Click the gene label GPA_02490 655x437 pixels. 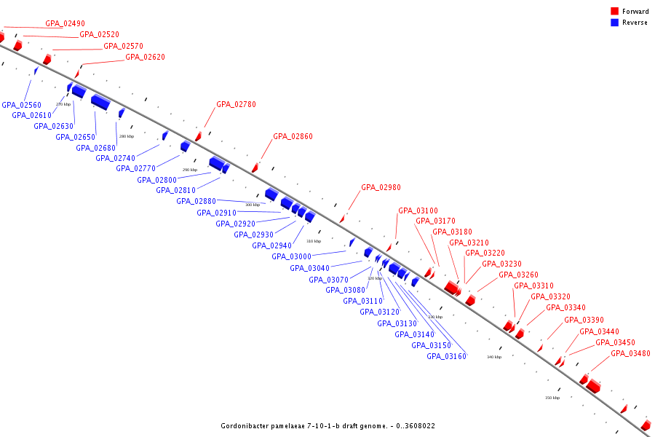click(65, 23)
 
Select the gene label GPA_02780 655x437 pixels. click(236, 104)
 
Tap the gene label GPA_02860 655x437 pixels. click(293, 136)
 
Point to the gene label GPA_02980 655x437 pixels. click(381, 187)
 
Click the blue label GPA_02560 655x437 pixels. click(21, 104)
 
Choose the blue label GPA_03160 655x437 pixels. click(446, 356)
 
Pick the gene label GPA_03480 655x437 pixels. click(630, 353)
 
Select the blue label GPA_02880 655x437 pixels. click(196, 201)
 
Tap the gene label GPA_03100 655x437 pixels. click(418, 210)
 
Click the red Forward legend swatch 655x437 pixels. click(614, 12)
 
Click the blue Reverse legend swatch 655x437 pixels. click(614, 23)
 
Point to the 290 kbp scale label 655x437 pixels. click(190, 170)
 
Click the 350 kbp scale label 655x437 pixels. click(552, 398)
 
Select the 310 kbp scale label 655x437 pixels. click(313, 241)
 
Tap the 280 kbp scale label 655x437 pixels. click(127, 136)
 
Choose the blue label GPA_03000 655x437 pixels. click(291, 256)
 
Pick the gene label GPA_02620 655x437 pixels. click(145, 57)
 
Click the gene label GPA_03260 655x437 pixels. click(518, 275)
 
